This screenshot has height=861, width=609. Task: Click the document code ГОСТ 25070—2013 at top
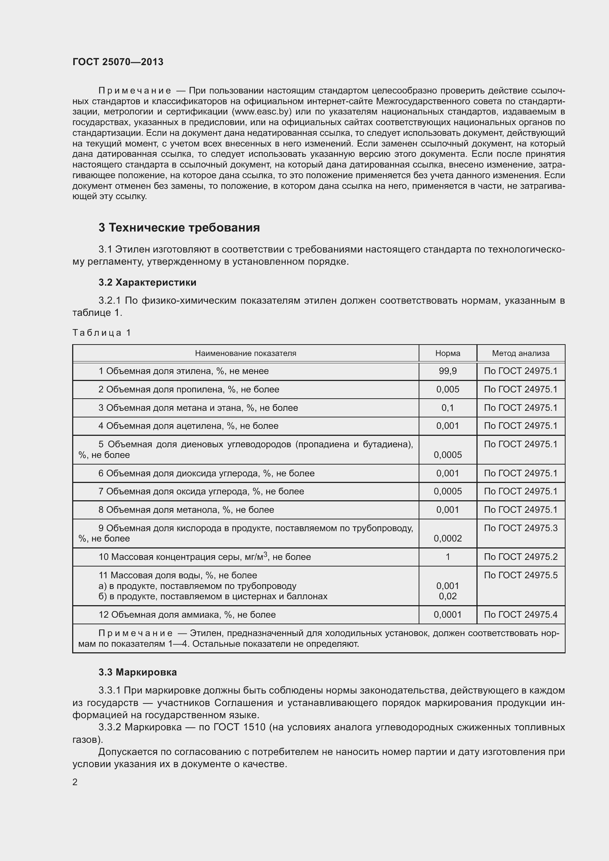click(x=118, y=62)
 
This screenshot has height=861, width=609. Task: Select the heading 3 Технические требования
click(x=179, y=227)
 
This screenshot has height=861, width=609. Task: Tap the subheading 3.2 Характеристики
click(x=147, y=282)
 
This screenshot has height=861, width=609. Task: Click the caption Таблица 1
click(x=102, y=333)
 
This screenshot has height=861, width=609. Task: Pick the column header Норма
click(x=448, y=353)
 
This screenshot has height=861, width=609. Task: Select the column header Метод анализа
click(x=521, y=353)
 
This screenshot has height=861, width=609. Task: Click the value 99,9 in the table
click(x=448, y=371)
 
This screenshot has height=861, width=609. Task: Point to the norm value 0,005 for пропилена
click(x=448, y=389)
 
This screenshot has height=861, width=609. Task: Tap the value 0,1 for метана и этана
click(x=448, y=408)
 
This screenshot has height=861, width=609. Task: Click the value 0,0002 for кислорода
click(x=448, y=539)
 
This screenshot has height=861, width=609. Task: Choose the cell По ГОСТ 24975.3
click(x=521, y=528)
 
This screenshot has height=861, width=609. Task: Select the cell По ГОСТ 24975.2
click(x=521, y=557)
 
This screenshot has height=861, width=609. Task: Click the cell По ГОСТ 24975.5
click(x=521, y=575)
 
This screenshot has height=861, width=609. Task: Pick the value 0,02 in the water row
click(x=448, y=596)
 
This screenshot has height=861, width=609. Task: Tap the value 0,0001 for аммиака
click(x=448, y=615)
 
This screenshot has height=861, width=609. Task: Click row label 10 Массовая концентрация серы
click(x=204, y=557)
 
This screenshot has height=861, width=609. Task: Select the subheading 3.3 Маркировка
click(x=138, y=673)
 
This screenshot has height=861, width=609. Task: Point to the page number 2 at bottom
click(x=75, y=782)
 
